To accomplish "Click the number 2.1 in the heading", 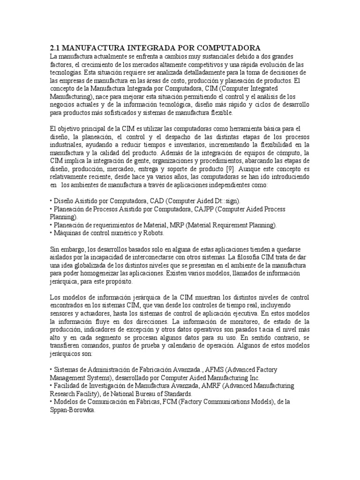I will tap(56, 48).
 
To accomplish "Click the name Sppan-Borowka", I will tap(72, 410).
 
